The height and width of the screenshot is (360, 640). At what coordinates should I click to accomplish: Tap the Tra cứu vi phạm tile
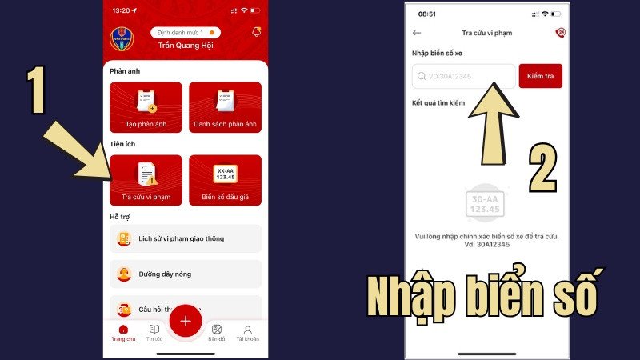point(146,180)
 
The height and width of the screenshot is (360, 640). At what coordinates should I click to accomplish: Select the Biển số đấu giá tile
point(225,180)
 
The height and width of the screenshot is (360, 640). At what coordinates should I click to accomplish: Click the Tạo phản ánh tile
point(146,107)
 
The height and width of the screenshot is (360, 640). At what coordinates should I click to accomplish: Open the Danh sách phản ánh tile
point(225,107)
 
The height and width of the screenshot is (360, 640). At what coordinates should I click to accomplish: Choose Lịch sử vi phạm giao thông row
point(186,238)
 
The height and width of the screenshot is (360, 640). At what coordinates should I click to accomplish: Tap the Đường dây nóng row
point(186,274)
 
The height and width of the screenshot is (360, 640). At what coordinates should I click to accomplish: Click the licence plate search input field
point(464,76)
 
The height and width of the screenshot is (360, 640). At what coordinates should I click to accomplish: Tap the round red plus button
point(186,321)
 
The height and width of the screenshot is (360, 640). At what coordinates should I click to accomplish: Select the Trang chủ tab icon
point(123,330)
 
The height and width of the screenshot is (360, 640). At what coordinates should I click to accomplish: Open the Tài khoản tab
point(248,330)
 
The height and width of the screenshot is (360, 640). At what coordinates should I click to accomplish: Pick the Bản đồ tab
point(216,330)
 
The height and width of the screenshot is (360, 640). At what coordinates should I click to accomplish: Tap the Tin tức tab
point(154,330)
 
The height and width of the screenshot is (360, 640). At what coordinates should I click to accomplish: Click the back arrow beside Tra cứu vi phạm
point(417,33)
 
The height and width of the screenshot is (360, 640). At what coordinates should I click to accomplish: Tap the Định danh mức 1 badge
point(185,32)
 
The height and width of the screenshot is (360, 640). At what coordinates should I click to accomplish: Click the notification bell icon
point(256,31)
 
